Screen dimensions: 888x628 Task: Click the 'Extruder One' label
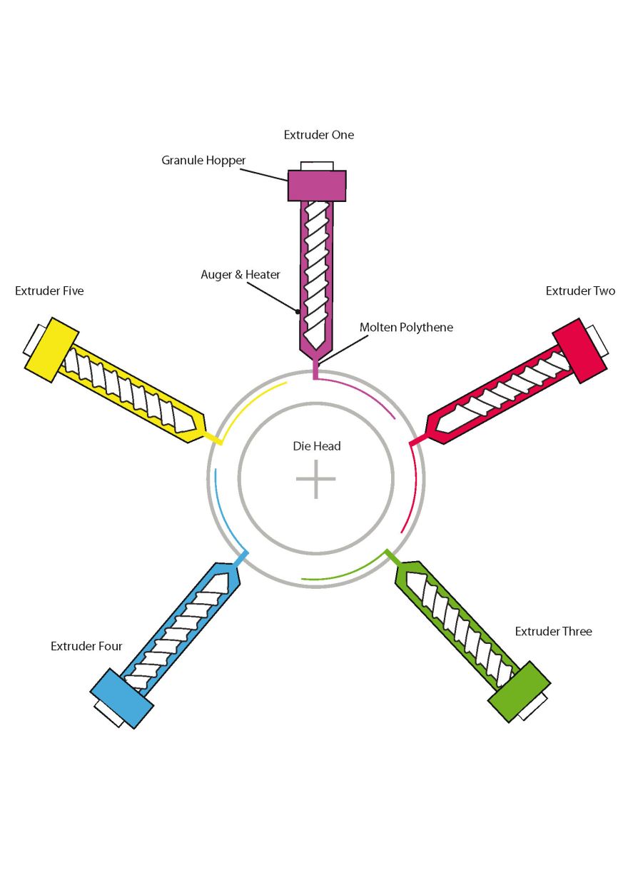(318, 135)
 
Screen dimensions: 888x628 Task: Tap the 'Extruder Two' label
(580, 291)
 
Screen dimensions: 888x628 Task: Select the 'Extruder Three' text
(553, 632)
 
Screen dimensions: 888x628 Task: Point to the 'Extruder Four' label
(86, 647)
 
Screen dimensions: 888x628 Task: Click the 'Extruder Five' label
(49, 291)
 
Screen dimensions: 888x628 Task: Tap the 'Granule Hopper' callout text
(203, 161)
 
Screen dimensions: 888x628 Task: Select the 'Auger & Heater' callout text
(240, 275)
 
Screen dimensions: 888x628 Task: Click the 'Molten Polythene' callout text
(406, 328)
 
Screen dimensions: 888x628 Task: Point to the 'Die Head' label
(317, 446)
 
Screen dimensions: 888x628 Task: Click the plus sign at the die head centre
(316, 479)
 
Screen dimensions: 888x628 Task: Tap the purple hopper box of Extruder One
(317, 186)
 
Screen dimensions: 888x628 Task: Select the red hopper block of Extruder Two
(579, 348)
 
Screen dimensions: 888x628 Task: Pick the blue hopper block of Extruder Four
(122, 697)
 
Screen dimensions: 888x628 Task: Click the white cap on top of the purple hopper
(317, 166)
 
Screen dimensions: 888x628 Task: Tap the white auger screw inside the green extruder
(464, 621)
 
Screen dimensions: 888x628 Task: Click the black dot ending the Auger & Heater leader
(298, 311)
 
